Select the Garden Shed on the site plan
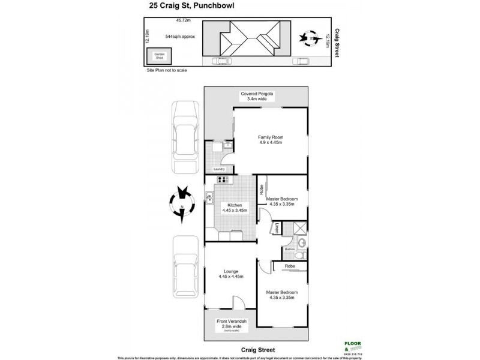(x=159, y=56)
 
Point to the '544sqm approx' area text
(x=180, y=37)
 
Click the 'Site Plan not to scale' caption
(x=167, y=70)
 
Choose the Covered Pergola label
(x=257, y=97)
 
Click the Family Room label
(x=271, y=140)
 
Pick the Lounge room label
(x=231, y=274)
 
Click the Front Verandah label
(x=231, y=325)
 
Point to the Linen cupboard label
(x=277, y=229)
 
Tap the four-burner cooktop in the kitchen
(x=223, y=179)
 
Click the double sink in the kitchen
(x=209, y=197)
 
